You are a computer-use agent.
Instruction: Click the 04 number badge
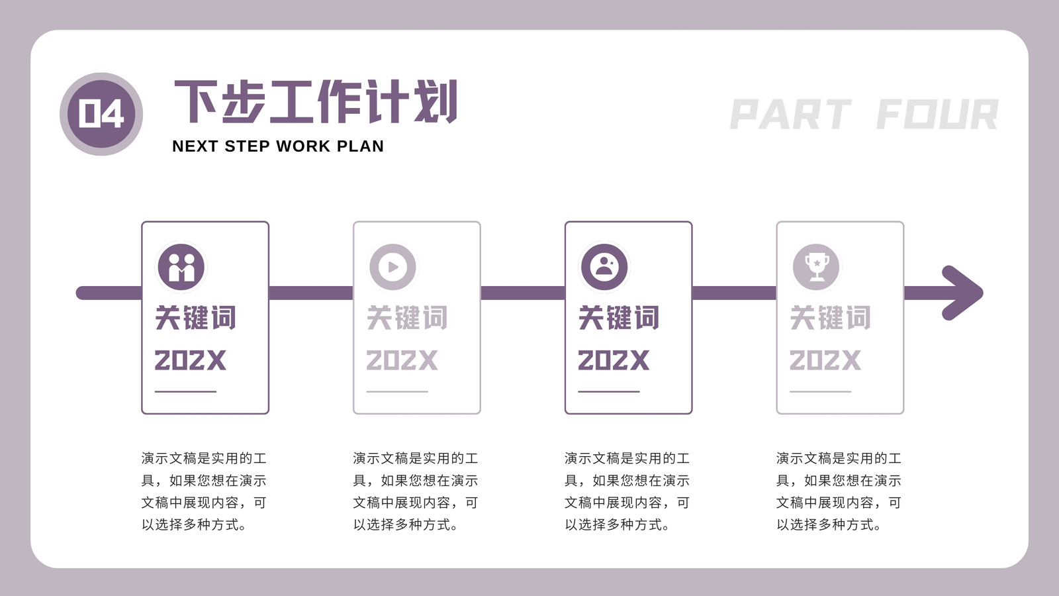tap(101, 114)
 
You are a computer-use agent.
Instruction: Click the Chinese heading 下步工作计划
tap(316, 101)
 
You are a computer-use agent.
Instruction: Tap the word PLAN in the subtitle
tap(360, 146)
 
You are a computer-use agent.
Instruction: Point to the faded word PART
tap(790, 114)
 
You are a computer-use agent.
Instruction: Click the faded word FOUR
tap(937, 114)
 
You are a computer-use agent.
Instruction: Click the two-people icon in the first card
tap(181, 268)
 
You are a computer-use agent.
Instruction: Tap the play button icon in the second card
tap(393, 268)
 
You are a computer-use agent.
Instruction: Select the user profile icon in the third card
tap(604, 268)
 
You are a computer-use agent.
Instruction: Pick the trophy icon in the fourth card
tap(816, 268)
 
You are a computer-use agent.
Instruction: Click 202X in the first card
tap(190, 360)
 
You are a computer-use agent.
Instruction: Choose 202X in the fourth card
tap(825, 360)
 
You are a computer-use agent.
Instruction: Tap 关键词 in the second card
tap(407, 317)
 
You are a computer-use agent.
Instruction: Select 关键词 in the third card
tap(618, 317)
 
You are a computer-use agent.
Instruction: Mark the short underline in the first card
tap(185, 391)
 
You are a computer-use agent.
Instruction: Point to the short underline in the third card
tap(608, 391)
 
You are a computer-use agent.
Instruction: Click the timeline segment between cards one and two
tap(311, 293)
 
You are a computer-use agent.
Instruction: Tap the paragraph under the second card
tap(416, 491)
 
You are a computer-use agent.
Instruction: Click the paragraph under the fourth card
tap(839, 491)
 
